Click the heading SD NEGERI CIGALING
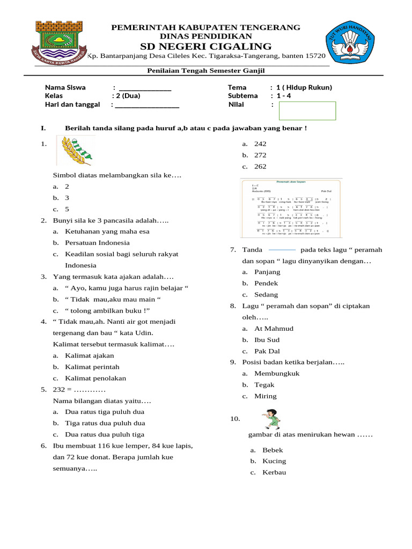click(206, 46)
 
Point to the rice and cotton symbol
click(76, 150)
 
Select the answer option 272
click(260, 155)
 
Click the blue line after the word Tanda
click(282, 250)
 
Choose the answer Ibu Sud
click(267, 340)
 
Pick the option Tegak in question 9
click(264, 385)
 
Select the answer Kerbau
click(274, 472)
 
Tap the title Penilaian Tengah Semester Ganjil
click(206, 71)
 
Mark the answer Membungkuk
click(277, 373)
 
